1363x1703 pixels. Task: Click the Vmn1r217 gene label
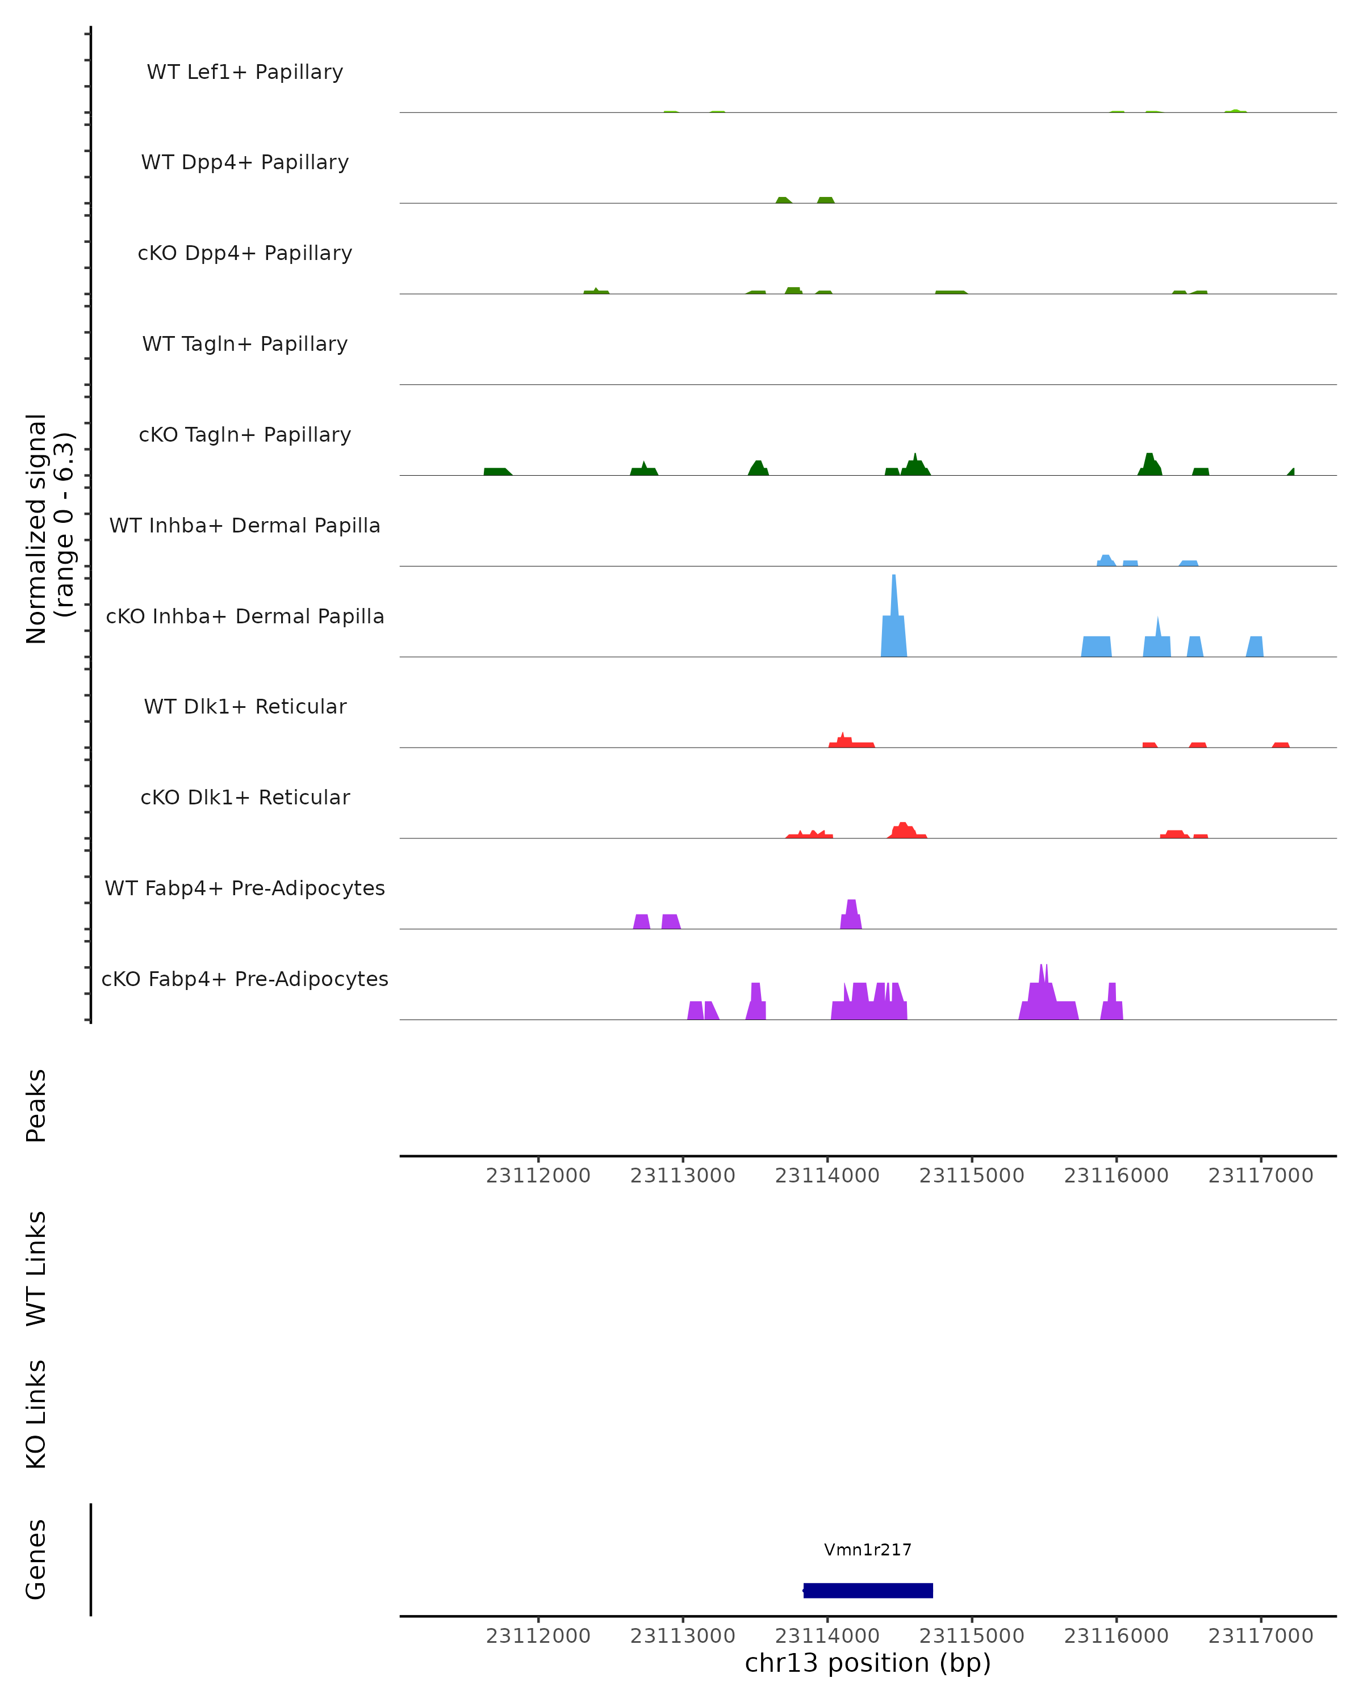[868, 1550]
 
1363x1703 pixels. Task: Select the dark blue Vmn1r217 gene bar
[868, 1591]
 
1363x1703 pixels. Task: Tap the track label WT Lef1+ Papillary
[245, 72]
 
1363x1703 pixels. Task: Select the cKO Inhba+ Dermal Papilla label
[245, 616]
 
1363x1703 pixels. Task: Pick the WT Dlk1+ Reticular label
[245, 706]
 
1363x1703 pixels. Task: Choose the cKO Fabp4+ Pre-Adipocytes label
[245, 979]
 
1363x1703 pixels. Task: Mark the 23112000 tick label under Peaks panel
[538, 1176]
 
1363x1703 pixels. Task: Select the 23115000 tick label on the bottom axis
[971, 1636]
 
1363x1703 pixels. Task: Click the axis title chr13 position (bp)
[868, 1663]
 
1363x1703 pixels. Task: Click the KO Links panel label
[36, 1414]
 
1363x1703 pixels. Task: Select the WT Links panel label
[36, 1268]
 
